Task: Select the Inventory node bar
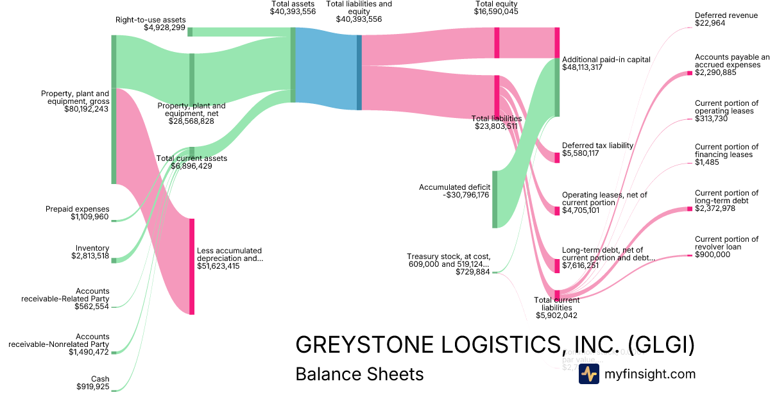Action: click(x=114, y=260)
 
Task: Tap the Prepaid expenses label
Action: click(x=77, y=209)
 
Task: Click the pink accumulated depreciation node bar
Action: click(x=191, y=266)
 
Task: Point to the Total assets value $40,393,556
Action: click(x=293, y=12)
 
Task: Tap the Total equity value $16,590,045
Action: click(x=496, y=12)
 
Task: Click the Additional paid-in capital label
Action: click(x=606, y=59)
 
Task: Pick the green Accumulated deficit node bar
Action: click(x=495, y=199)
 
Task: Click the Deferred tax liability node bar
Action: click(x=557, y=157)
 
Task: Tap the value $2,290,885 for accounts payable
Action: click(x=715, y=72)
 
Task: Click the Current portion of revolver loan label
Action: click(x=726, y=243)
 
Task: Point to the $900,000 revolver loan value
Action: click(x=712, y=255)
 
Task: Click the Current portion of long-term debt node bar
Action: click(x=690, y=208)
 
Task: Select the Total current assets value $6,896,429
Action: click(x=191, y=166)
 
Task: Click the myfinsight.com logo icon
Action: click(x=588, y=374)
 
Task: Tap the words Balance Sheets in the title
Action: click(x=359, y=374)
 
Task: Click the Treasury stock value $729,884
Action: click(x=472, y=272)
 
